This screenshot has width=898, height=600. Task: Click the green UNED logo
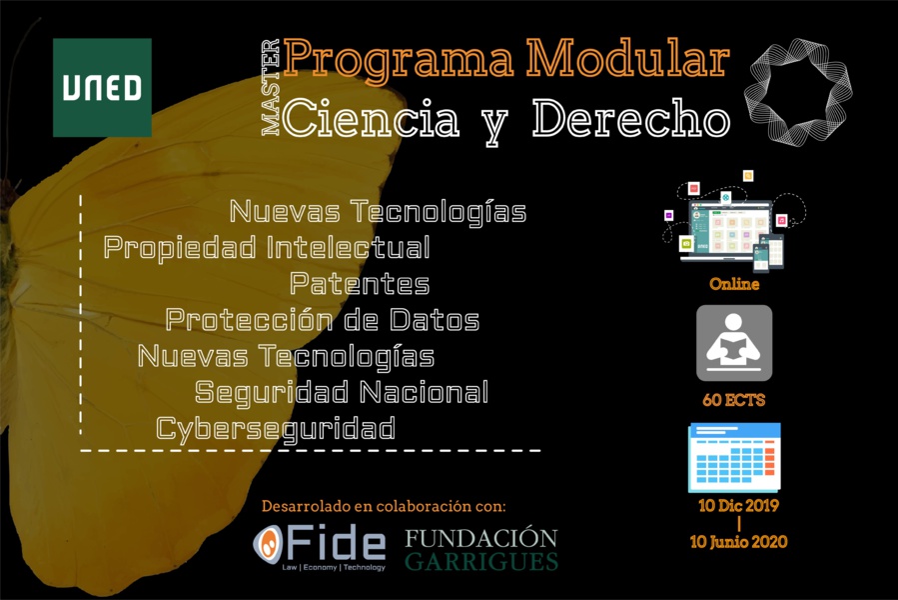(102, 87)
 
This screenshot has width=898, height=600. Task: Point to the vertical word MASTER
(270, 88)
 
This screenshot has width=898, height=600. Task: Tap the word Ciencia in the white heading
(371, 119)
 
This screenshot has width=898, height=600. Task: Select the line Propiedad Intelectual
(267, 247)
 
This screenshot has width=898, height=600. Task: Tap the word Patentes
(360, 284)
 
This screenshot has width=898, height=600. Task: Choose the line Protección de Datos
(322, 320)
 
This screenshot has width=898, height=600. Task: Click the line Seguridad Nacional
(342, 392)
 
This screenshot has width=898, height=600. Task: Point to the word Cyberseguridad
(276, 429)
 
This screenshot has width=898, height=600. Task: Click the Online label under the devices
(734, 284)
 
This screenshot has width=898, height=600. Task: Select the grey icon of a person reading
(734, 343)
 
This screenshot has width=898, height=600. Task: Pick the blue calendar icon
(734, 457)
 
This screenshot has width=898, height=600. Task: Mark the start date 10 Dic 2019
(738, 506)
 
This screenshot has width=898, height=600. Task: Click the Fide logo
(319, 547)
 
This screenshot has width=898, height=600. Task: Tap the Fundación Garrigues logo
(480, 548)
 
